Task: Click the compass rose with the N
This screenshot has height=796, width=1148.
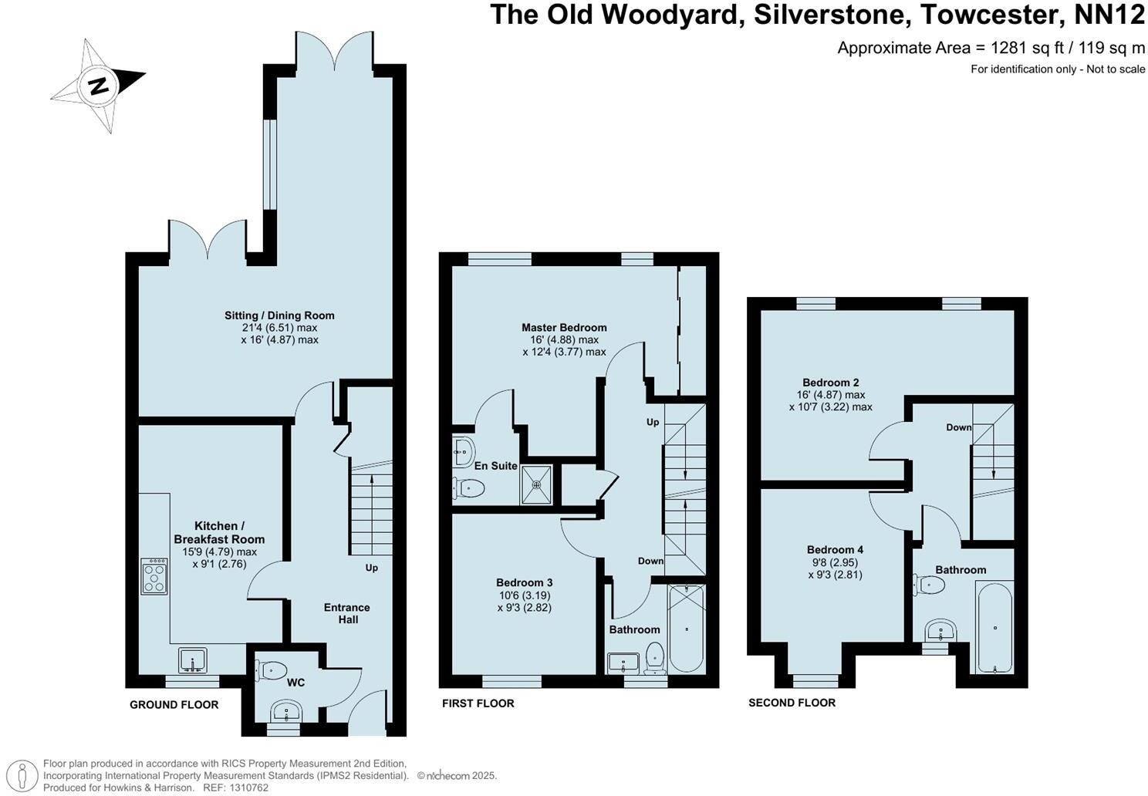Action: point(98,85)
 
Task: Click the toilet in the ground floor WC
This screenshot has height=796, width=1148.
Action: point(272,672)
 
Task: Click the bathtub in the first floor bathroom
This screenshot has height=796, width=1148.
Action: point(686,629)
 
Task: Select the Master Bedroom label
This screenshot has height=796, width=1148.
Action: point(564,327)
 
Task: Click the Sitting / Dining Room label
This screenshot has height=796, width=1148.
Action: point(279,315)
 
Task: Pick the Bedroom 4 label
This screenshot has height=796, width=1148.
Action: point(835,549)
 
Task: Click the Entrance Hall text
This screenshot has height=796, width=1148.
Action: point(347,613)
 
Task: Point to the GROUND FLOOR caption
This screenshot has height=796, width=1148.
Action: point(174,704)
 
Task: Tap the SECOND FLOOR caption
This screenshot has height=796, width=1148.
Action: point(792,703)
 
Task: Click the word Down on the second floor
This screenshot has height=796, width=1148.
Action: point(959,427)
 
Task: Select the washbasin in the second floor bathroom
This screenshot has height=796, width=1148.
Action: point(941,631)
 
